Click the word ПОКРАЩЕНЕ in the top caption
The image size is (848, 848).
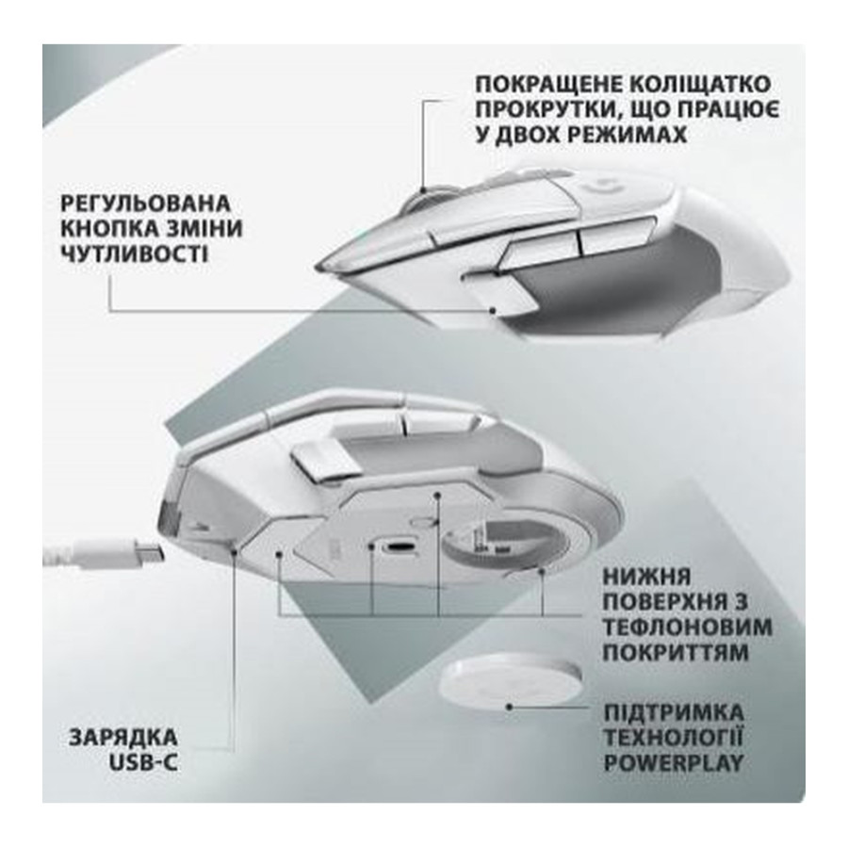coord(549,85)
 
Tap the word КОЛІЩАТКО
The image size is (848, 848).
coord(701,85)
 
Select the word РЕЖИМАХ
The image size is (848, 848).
coord(628,134)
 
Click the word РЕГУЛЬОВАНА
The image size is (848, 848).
coord(145,204)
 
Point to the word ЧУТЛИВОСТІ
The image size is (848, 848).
coord(134,253)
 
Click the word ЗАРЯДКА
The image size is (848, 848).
coord(123,737)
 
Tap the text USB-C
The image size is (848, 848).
coord(143,762)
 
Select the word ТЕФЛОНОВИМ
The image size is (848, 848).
coord(688,628)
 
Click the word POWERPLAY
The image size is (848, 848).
coord(674,762)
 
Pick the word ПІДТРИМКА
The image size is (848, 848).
coord(674,712)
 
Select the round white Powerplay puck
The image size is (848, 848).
coord(510,678)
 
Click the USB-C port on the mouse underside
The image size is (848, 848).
coord(400,546)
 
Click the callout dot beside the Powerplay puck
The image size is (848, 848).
coord(509,707)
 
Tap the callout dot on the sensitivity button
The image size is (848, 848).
coord(492,310)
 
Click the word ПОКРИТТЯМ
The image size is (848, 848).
coord(676,653)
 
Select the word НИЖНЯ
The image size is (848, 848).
coord(646,577)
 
